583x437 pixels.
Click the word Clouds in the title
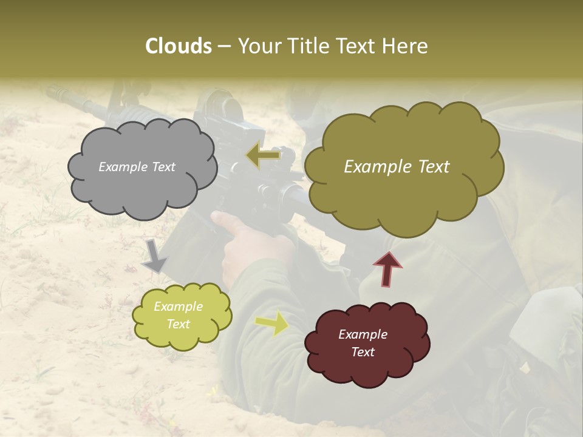[x=179, y=46]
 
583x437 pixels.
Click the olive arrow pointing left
[x=263, y=155]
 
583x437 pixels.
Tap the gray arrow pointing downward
[x=155, y=257]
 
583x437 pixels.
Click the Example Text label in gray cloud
[x=137, y=167]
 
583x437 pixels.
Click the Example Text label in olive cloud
[x=397, y=167]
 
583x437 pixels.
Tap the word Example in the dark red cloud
[x=363, y=334]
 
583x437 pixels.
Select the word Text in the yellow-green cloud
[x=178, y=324]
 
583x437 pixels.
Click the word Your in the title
[x=254, y=46]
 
